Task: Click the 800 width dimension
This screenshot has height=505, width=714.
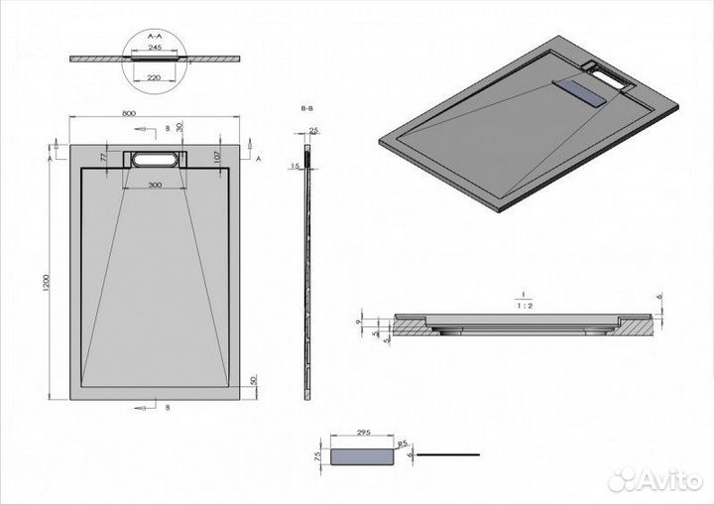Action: [x=128, y=114]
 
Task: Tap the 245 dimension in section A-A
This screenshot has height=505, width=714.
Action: [x=156, y=46]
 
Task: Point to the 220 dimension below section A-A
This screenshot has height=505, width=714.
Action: [x=156, y=76]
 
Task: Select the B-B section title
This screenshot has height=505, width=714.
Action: [x=307, y=105]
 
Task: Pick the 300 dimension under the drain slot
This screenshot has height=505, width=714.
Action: [x=155, y=186]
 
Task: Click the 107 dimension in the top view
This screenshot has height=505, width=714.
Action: [x=214, y=155]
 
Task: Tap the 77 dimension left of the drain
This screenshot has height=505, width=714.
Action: [x=103, y=156]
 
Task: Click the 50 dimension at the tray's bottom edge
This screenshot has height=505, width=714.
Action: [x=255, y=381]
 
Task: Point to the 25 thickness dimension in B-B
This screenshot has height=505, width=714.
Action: [x=313, y=131]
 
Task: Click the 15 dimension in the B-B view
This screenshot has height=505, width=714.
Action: [x=297, y=166]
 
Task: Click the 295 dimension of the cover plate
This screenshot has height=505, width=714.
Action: [x=364, y=434]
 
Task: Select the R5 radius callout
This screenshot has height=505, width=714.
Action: [x=404, y=443]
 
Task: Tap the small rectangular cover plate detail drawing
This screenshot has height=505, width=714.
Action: [x=363, y=455]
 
